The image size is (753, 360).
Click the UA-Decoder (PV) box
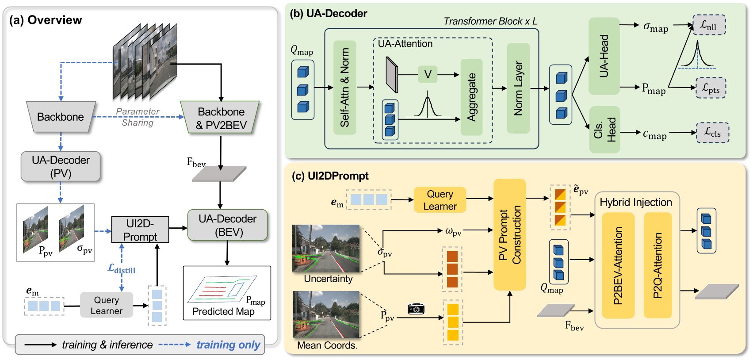point(61,166)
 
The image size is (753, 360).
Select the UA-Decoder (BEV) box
point(227,225)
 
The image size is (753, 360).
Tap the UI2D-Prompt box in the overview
point(140,230)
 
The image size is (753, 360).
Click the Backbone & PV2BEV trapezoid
point(220,118)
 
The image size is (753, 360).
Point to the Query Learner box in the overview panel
point(107,305)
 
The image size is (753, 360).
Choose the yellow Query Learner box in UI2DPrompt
point(440,200)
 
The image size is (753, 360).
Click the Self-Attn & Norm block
point(344,88)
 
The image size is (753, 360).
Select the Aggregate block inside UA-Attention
point(471,97)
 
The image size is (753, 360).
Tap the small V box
point(428,74)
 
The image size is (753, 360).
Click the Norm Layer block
point(518,88)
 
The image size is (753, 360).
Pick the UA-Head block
point(604,56)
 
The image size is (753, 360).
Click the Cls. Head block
point(604,130)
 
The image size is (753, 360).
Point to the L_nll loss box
point(708,26)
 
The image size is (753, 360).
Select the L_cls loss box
point(712,133)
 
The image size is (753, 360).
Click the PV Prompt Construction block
point(509,234)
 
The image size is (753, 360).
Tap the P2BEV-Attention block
point(618,265)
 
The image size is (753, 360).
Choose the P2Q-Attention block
point(657,265)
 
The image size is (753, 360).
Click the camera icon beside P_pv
point(416,309)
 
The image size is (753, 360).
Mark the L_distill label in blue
point(122,269)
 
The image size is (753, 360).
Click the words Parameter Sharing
point(138,117)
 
